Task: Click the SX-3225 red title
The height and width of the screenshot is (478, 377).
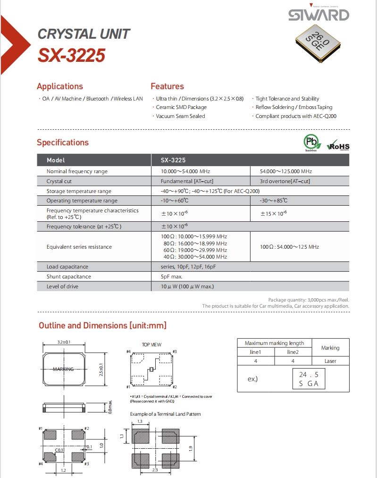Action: [x=71, y=56]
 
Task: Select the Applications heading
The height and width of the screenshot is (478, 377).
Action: [x=60, y=86]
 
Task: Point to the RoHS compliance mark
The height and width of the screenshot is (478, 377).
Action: [x=338, y=145]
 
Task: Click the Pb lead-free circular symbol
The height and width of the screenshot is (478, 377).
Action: [x=311, y=142]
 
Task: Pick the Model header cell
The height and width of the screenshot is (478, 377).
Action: [x=56, y=160]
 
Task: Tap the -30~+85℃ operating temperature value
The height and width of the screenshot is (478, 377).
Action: [x=274, y=201]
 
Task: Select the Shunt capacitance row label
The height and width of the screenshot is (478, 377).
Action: [x=69, y=277]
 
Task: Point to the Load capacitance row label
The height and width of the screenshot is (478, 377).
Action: [x=67, y=267]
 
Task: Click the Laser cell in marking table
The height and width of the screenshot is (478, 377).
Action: [x=330, y=361]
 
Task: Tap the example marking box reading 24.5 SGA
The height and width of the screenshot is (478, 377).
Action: [x=309, y=379]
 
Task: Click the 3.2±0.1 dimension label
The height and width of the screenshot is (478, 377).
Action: [x=64, y=342]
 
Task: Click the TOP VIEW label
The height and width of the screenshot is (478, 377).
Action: [x=151, y=344]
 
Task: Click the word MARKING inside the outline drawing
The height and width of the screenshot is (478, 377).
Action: [x=63, y=369]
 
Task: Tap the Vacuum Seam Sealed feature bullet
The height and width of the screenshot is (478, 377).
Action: [x=181, y=116]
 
